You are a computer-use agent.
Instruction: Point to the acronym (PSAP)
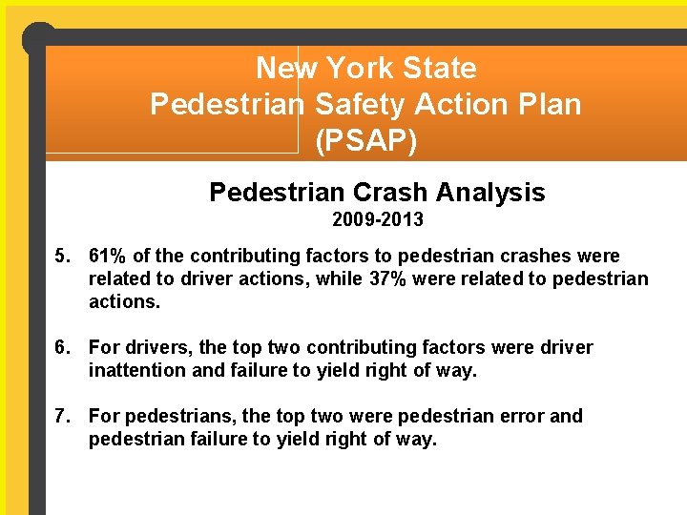tap(365, 140)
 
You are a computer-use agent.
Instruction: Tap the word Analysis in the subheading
tap(489, 193)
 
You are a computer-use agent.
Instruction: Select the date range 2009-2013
tap(378, 220)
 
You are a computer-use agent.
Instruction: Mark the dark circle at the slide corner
tap(39, 39)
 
